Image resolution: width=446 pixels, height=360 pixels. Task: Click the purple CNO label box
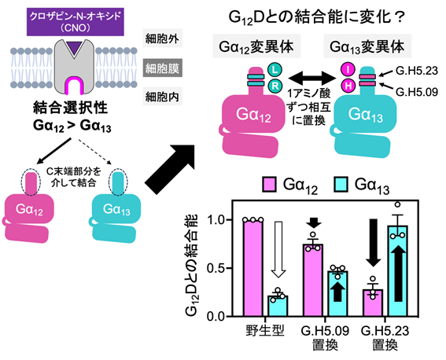(x=76, y=22)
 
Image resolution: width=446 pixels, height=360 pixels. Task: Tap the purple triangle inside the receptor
(x=75, y=47)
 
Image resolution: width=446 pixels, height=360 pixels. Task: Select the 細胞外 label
(x=162, y=39)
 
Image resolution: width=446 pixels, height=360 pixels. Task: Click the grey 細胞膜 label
(x=162, y=68)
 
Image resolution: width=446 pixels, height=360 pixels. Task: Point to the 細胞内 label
(x=162, y=97)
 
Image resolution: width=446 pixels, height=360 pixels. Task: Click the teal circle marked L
(x=275, y=70)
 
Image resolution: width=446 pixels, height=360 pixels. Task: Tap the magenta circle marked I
(x=348, y=69)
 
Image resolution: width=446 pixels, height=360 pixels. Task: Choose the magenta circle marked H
(x=348, y=86)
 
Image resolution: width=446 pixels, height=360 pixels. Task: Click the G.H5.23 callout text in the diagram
(x=417, y=71)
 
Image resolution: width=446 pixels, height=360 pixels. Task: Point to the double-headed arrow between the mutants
(x=312, y=77)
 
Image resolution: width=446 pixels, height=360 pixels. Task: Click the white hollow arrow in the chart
(x=278, y=249)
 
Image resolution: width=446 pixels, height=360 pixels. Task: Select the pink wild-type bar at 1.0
(x=253, y=268)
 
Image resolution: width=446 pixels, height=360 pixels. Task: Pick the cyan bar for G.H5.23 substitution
(x=398, y=270)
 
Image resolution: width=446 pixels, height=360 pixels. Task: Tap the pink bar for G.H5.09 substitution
(x=313, y=280)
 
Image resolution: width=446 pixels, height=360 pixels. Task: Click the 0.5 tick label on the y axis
(x=216, y=268)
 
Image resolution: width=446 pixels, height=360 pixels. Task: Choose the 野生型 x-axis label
(x=265, y=331)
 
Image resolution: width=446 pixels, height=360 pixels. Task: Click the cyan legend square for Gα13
(x=341, y=185)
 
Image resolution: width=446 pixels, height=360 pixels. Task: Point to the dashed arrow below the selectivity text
(x=94, y=151)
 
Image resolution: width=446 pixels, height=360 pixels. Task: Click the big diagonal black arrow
(x=170, y=170)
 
